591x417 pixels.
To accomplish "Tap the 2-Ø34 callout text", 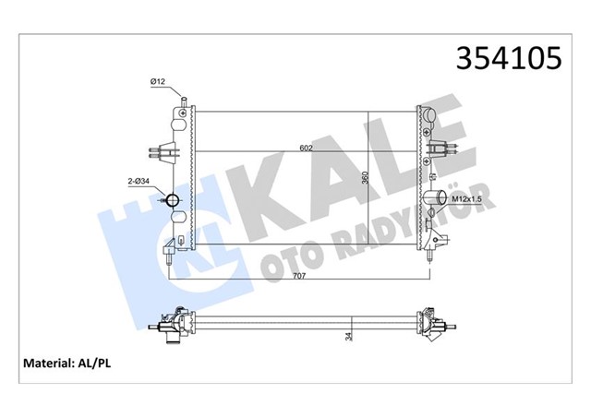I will pos(139,185).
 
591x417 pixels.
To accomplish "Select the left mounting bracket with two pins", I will pos(163,149).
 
